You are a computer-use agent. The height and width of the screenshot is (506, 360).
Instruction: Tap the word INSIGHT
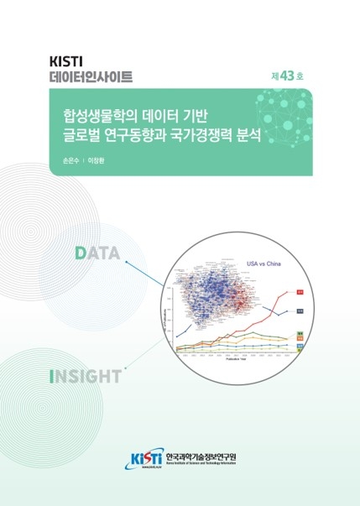pyautogui.click(x=85, y=376)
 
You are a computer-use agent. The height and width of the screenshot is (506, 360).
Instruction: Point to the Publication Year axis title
pyautogui.click(x=230, y=368)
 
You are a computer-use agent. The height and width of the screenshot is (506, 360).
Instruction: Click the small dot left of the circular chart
pyautogui.click(x=125, y=263)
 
